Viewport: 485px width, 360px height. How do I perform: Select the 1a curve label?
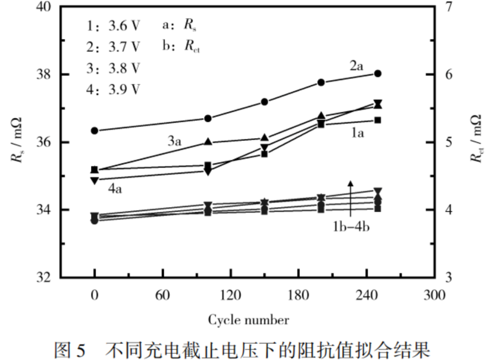coord(356,134)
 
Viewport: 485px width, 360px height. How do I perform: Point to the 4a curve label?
coord(115,189)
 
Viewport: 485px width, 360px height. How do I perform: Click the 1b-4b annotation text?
coord(350,227)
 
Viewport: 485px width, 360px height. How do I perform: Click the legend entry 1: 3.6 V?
coord(114,26)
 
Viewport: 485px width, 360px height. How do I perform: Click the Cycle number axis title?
coord(248,320)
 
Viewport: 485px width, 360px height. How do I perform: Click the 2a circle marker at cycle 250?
coord(377,73)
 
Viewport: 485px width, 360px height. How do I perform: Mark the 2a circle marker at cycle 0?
coord(94,130)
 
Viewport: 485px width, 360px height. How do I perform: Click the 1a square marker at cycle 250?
coord(377,120)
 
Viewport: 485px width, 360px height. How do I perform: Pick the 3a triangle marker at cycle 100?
coord(208,142)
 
